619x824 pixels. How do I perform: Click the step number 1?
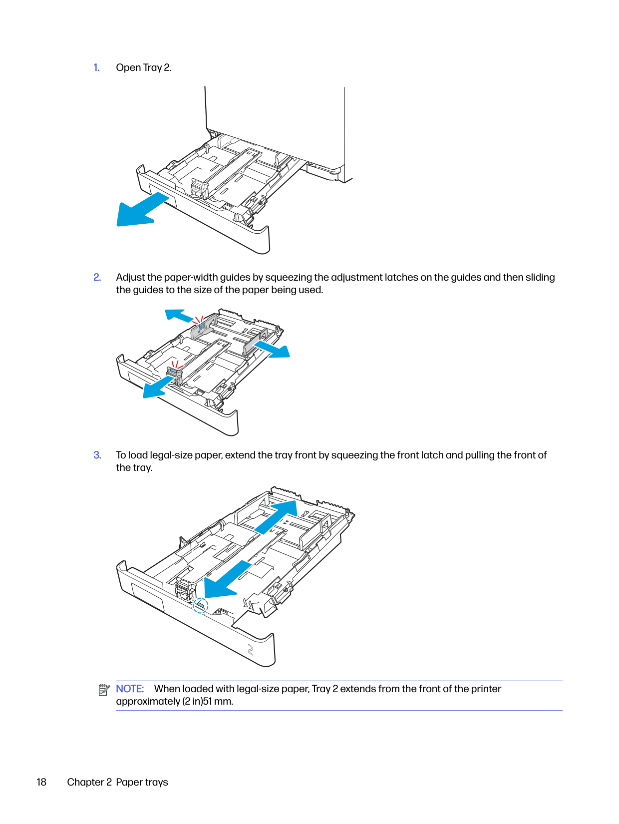coord(96,68)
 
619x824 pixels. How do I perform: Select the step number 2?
coord(97,278)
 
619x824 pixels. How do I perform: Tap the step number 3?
coord(97,455)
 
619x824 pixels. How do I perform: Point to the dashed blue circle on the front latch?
coord(200,605)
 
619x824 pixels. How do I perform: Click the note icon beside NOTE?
coord(104,690)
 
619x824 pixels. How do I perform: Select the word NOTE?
coord(130,689)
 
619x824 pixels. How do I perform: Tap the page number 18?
coord(41,783)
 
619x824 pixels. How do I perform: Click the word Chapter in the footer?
coord(85,783)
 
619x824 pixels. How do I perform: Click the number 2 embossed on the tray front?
coord(251,650)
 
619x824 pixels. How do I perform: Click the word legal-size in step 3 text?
coord(172,455)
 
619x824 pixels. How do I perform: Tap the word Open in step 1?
coord(128,68)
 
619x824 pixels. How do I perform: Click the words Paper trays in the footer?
coord(142,783)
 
